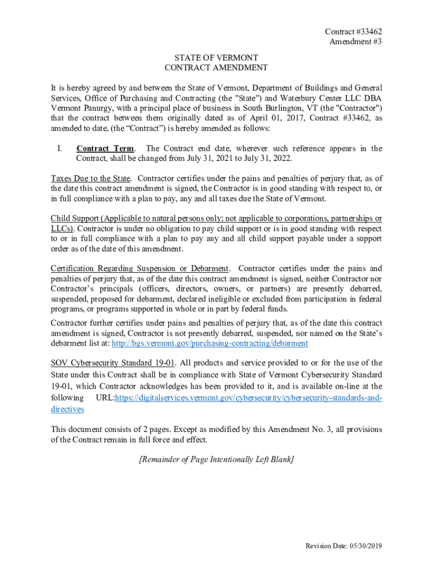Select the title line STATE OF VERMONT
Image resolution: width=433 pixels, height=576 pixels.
pos(216,58)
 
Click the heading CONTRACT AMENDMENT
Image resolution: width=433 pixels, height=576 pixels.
pos(216,67)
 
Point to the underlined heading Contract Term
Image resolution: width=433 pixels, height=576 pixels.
pos(105,148)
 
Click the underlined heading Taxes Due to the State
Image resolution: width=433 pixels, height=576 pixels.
pos(91,179)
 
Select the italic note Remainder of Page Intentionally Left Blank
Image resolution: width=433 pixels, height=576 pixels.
pos(216,460)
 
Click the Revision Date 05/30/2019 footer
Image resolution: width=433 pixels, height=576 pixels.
pos(344,546)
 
